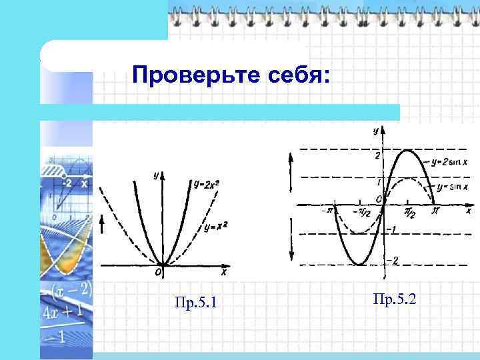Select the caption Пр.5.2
pos(395,299)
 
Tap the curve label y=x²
pos(216,227)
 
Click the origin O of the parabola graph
pos(158,272)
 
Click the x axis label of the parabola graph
pos(223,272)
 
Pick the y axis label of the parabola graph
pos(155,175)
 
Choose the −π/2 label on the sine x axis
pos(361,212)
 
